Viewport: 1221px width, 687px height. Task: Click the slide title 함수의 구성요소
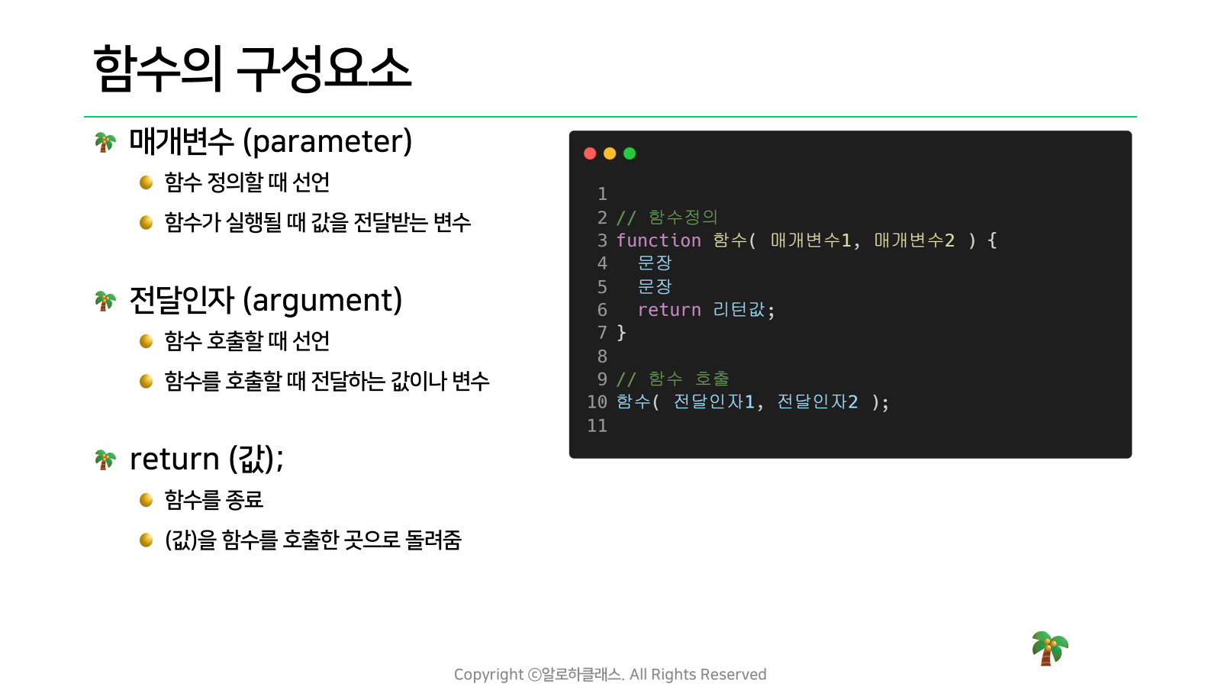coord(253,68)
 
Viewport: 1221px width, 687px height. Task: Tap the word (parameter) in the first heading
coord(327,142)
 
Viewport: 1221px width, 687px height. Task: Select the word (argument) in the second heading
coord(322,301)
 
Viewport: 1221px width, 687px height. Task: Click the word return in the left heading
coord(175,459)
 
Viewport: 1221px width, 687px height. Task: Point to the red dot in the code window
coord(590,153)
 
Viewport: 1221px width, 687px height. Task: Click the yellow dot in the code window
coord(610,153)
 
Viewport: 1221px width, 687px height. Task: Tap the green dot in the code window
coord(630,153)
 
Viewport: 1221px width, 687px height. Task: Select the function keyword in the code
coord(659,240)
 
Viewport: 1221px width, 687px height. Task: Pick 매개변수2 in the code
coord(915,240)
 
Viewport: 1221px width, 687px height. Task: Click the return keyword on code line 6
coord(669,310)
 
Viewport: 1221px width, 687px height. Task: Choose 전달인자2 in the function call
coord(817,402)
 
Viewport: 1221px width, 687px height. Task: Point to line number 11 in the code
coord(597,425)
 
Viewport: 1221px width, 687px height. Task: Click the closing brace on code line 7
coord(621,333)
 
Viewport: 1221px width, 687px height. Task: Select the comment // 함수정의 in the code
coord(667,218)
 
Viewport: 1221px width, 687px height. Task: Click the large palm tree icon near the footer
coord(1049,648)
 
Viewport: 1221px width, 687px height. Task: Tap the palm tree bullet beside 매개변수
coord(105,142)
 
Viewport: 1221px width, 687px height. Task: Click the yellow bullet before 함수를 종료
coord(146,500)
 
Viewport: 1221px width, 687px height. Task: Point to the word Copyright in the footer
coord(489,675)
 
